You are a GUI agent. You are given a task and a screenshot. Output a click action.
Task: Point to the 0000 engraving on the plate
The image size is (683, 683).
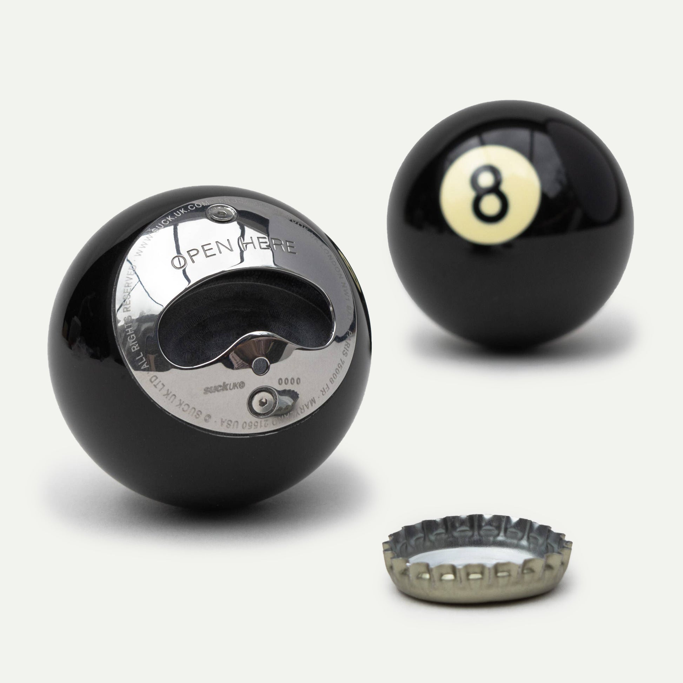pos(289,382)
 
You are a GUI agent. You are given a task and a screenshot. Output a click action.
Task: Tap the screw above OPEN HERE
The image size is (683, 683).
pos(222,213)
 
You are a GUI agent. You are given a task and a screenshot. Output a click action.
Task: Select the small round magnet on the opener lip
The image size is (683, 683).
pos(261,364)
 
